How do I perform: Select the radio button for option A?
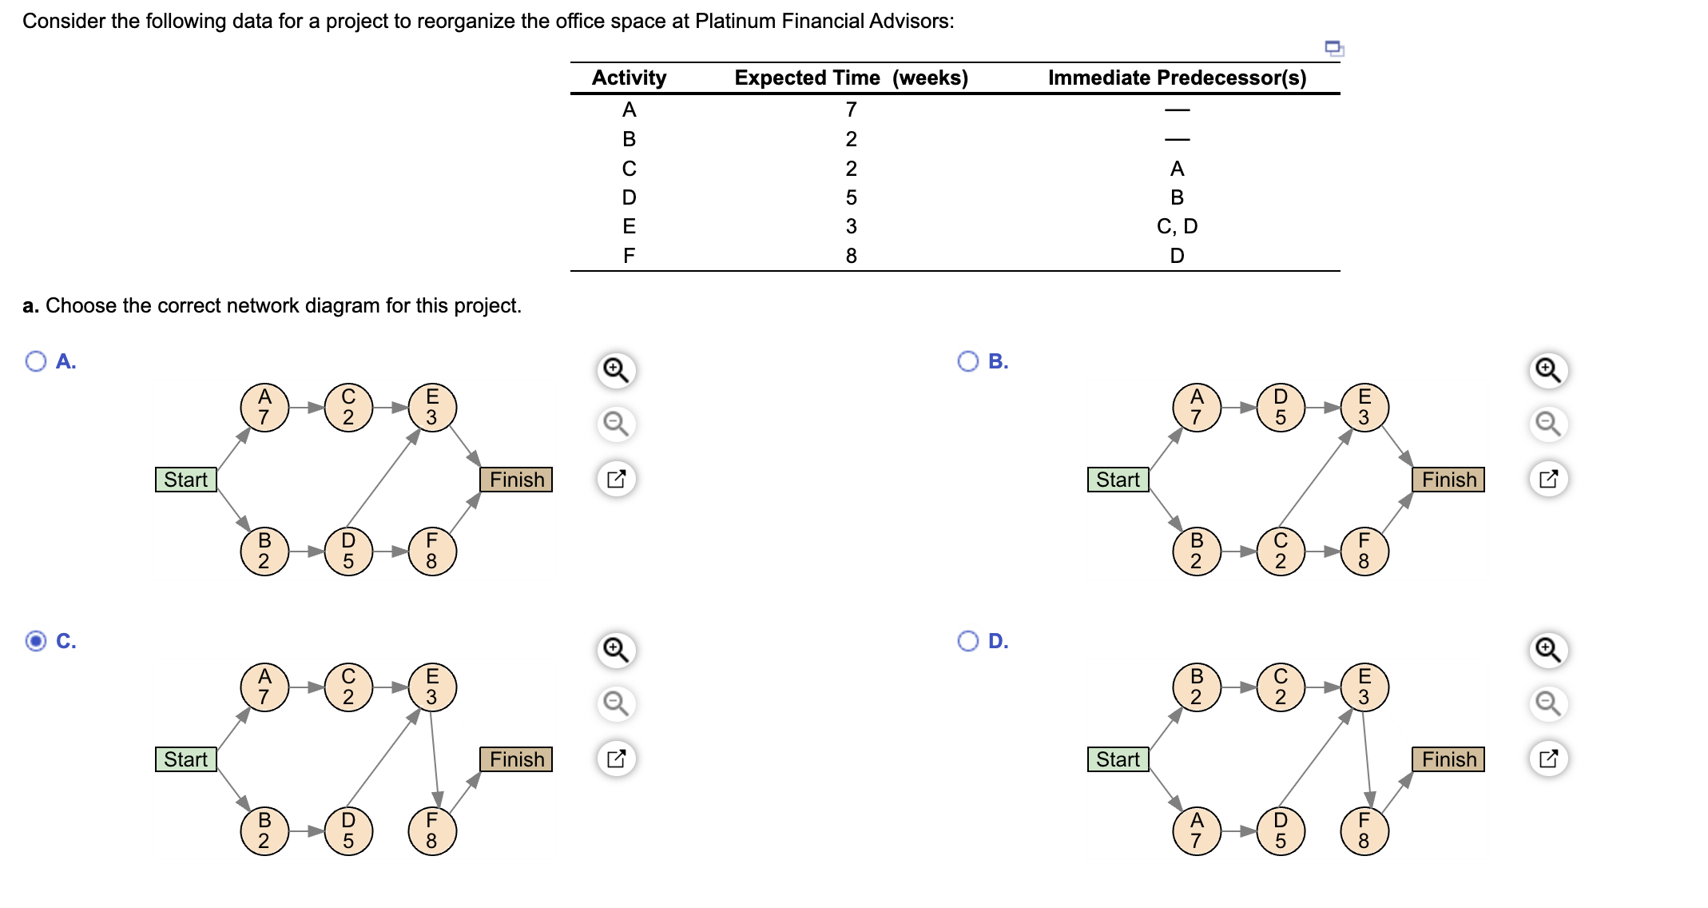(36, 361)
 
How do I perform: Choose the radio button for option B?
(967, 361)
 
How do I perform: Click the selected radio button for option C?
(36, 641)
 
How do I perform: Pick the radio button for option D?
(967, 641)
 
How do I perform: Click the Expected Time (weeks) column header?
(851, 78)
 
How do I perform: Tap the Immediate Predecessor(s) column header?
(1177, 78)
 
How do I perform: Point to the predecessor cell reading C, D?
(1177, 226)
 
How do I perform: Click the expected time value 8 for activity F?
(851, 256)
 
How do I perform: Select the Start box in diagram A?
(186, 480)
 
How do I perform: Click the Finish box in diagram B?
(1448, 480)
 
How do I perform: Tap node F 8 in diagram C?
(432, 830)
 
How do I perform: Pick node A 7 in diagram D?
(1196, 830)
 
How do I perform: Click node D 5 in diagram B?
(1280, 407)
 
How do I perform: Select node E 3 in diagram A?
(432, 407)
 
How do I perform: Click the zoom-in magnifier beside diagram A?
(616, 370)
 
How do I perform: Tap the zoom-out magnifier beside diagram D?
(1547, 703)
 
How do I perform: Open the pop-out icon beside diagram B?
(1547, 479)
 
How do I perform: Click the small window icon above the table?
(1334, 49)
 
